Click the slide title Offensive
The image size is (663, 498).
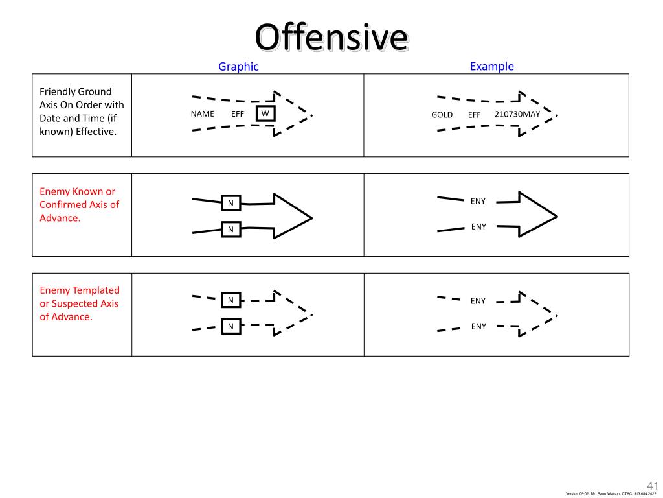pos(331,37)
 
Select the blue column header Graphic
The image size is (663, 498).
pos(238,66)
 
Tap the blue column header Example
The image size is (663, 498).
pos(492,66)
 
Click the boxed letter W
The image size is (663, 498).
pos(265,113)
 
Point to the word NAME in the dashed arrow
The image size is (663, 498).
pos(202,114)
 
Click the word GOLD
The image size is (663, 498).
pos(442,115)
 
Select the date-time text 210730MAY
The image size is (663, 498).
pos(517,114)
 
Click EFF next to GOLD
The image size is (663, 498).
pos(475,115)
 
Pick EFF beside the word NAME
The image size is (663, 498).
pos(238,114)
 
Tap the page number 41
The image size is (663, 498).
pos(652,485)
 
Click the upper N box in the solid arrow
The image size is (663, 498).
pos(230,204)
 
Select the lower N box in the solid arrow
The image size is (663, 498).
pos(230,230)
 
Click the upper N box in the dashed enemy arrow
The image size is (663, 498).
pos(230,300)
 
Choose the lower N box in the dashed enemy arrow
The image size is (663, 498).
pos(230,326)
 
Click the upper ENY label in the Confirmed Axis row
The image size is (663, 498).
pos(478,201)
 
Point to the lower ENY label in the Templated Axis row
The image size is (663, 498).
pos(478,326)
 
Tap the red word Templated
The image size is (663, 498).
pos(96,290)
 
